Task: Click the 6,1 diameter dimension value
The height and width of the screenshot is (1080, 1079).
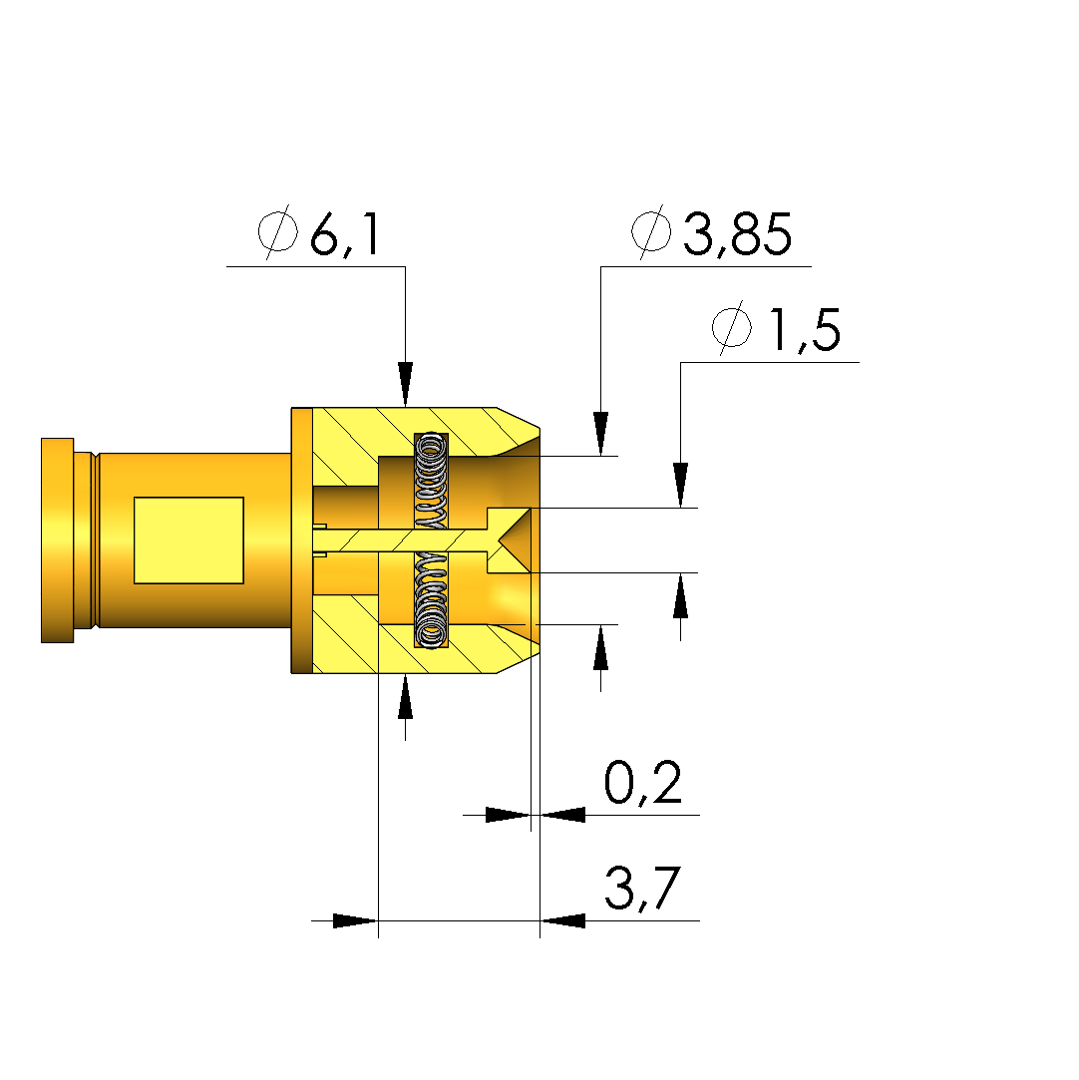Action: (x=345, y=234)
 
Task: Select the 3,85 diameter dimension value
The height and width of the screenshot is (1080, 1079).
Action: (x=738, y=234)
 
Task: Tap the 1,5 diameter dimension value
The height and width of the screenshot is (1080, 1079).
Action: (x=804, y=330)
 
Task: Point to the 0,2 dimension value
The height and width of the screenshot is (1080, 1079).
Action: (x=643, y=783)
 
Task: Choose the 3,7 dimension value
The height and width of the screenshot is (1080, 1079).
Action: (x=643, y=889)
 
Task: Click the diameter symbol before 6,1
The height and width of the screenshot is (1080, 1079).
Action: (x=278, y=232)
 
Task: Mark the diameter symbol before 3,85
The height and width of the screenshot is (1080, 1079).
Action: (x=651, y=232)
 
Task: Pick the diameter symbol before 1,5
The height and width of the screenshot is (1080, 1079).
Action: (x=731, y=328)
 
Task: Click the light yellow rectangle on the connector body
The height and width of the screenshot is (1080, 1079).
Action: (x=188, y=540)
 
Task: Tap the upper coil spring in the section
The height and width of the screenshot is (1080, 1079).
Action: (x=431, y=480)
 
